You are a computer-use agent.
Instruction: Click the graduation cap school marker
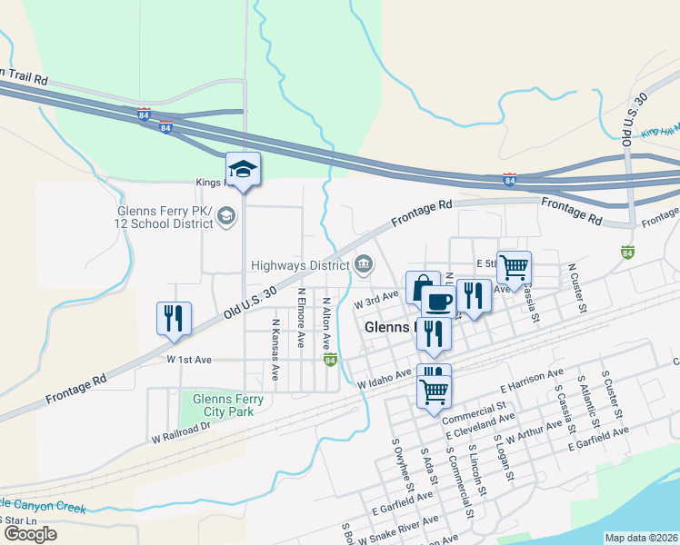[x=244, y=169]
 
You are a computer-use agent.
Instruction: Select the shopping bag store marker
[x=422, y=288]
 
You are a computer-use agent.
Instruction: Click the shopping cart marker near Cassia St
[x=514, y=267]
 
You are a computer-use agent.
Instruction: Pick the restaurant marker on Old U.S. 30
[x=174, y=319]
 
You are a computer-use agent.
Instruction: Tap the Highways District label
[x=301, y=266]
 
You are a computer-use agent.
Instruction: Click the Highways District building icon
[x=364, y=264]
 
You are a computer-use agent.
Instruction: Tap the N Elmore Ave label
[x=301, y=318]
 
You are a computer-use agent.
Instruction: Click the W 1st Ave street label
[x=189, y=360]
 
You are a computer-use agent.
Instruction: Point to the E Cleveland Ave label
[x=480, y=424]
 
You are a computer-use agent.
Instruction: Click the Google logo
[x=29, y=533]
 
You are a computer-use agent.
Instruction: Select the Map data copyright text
[x=640, y=538]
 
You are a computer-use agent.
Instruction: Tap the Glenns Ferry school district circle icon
[x=226, y=215]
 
